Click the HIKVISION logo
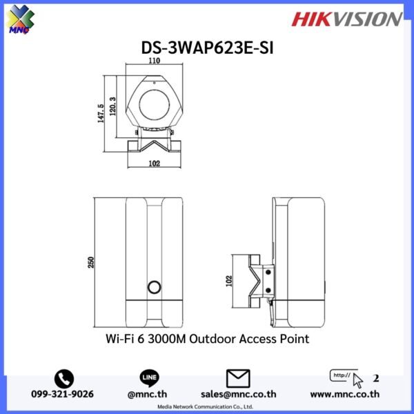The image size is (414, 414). [x=346, y=19]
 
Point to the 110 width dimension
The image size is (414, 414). [x=154, y=61]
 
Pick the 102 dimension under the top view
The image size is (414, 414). [x=155, y=164]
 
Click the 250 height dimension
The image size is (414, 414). [x=90, y=262]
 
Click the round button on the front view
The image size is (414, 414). [x=155, y=288]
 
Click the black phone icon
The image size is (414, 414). [x=64, y=378]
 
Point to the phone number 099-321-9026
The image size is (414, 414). [x=64, y=395]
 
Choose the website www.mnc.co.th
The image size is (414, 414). [x=346, y=395]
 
